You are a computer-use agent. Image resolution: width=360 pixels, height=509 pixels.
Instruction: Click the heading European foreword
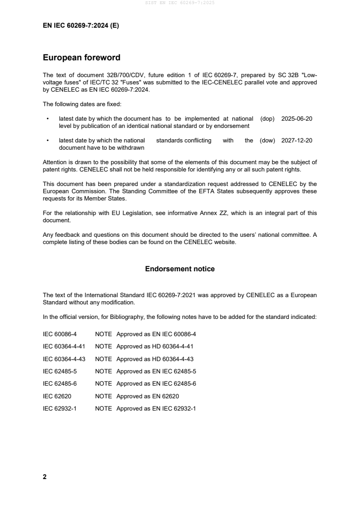(81, 58)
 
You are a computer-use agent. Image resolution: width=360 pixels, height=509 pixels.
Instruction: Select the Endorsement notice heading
(180, 269)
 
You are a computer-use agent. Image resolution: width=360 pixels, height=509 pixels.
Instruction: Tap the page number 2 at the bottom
(44, 477)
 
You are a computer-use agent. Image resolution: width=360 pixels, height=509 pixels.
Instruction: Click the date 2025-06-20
(297, 118)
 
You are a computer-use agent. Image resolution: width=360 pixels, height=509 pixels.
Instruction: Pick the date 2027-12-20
(297, 141)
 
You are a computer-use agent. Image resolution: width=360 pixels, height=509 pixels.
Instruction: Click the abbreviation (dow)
(267, 141)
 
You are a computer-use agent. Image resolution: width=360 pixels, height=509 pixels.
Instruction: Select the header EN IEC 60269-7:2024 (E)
(81, 26)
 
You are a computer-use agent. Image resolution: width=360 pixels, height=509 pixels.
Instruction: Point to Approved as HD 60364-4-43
(155, 359)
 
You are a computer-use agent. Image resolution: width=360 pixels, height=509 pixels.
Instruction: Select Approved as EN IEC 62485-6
(156, 383)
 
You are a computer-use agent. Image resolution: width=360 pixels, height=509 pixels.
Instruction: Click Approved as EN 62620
(148, 396)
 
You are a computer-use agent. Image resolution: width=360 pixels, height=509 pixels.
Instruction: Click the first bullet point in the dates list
(47, 119)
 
